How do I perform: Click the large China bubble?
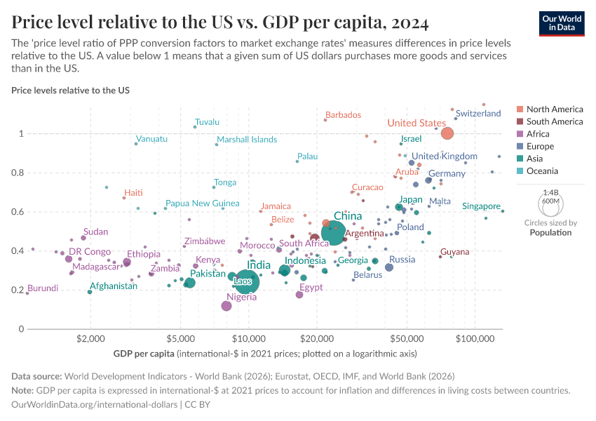pyautogui.click(x=337, y=233)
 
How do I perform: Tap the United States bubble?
pyautogui.click(x=447, y=133)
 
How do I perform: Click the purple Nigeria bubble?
pyautogui.click(x=226, y=306)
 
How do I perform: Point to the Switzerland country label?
pyautogui.click(x=478, y=113)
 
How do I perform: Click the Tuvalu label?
pyautogui.click(x=208, y=122)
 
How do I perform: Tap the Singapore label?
pyautogui.click(x=482, y=206)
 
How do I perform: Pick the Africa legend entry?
pyautogui.click(x=538, y=134)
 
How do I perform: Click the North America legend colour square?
pyautogui.click(x=520, y=109)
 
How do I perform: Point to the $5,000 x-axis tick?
pyautogui.click(x=181, y=340)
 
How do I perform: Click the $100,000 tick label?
pyautogui.click(x=475, y=340)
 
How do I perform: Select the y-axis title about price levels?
pyautogui.click(x=70, y=91)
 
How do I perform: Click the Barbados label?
pyautogui.click(x=343, y=115)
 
